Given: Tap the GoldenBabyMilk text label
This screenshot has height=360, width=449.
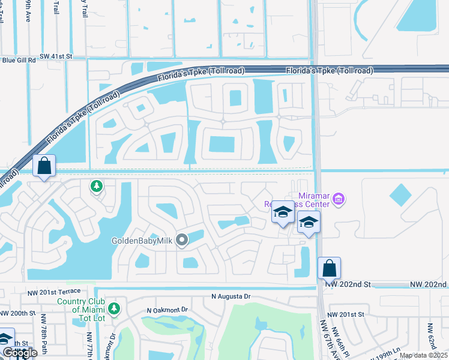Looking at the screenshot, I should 142,241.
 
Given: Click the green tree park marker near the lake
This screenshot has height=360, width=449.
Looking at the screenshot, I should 95,187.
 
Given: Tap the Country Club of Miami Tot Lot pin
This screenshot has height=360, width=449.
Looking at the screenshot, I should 114,309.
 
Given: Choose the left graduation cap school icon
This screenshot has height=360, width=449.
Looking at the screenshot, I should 282,212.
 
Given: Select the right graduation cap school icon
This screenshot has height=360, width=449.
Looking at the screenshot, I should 309,223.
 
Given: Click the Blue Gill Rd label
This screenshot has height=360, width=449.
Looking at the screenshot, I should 19,60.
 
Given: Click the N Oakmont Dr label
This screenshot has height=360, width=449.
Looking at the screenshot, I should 167,310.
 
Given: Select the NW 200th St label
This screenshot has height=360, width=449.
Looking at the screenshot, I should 18,313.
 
